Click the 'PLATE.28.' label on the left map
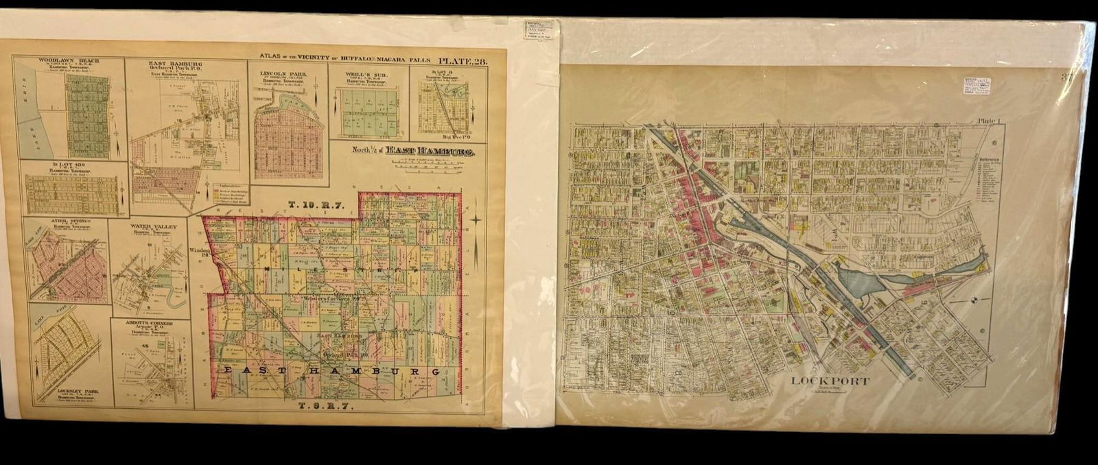tap(463, 62)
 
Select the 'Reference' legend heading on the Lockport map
tap(989, 160)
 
